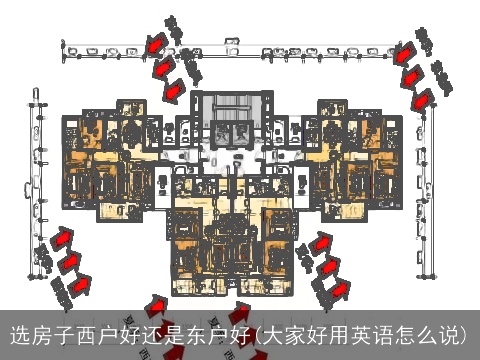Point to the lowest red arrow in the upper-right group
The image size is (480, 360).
pyautogui.click(x=424, y=98)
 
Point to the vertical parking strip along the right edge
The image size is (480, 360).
pyautogui.click(x=436, y=190)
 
